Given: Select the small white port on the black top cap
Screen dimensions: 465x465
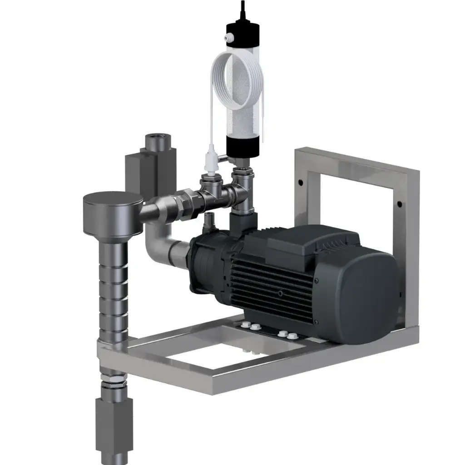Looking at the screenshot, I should [x=230, y=35].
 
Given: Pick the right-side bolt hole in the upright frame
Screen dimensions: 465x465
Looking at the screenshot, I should [x=399, y=205].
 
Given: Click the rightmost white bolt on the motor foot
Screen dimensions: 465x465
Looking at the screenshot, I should [x=292, y=336].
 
